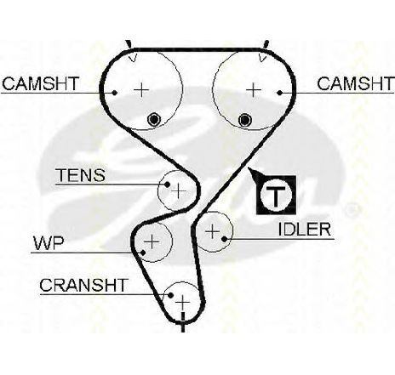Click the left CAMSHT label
point(40,83)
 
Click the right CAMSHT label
point(356,83)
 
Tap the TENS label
point(82,175)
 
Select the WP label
point(49,243)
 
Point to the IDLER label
point(305,230)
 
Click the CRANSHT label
point(83,285)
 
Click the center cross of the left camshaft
point(141,90)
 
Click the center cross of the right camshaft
point(254,90)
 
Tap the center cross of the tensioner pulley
point(179,190)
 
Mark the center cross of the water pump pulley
point(152,241)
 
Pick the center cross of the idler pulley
point(212,231)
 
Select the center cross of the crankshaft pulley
point(183,303)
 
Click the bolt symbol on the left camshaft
point(154,120)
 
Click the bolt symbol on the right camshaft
point(245,120)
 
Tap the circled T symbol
point(276,195)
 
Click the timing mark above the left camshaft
point(129,44)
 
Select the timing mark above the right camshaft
point(266,44)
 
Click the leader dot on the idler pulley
point(225,239)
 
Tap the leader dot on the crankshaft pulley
point(170,295)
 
